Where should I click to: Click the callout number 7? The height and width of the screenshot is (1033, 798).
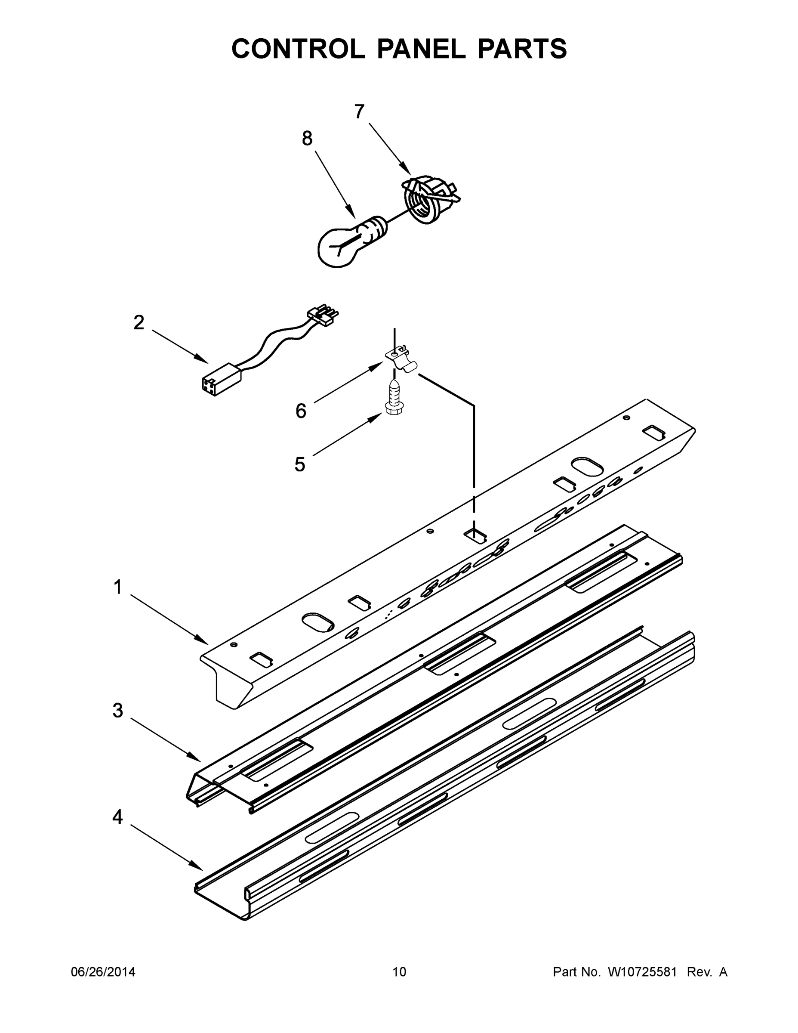[x=359, y=112]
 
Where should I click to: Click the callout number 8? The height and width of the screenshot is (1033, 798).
[x=307, y=139]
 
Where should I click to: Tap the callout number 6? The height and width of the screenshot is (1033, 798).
[x=301, y=411]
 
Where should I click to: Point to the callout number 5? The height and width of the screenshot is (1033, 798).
[x=300, y=464]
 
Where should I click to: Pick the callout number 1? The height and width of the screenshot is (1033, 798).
[x=118, y=588]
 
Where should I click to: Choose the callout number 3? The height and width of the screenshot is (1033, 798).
[x=118, y=711]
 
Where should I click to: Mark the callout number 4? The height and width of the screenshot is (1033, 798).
[x=118, y=817]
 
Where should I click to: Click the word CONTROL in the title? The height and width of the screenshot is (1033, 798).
[x=298, y=49]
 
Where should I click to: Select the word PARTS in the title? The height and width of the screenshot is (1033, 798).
[x=522, y=49]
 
